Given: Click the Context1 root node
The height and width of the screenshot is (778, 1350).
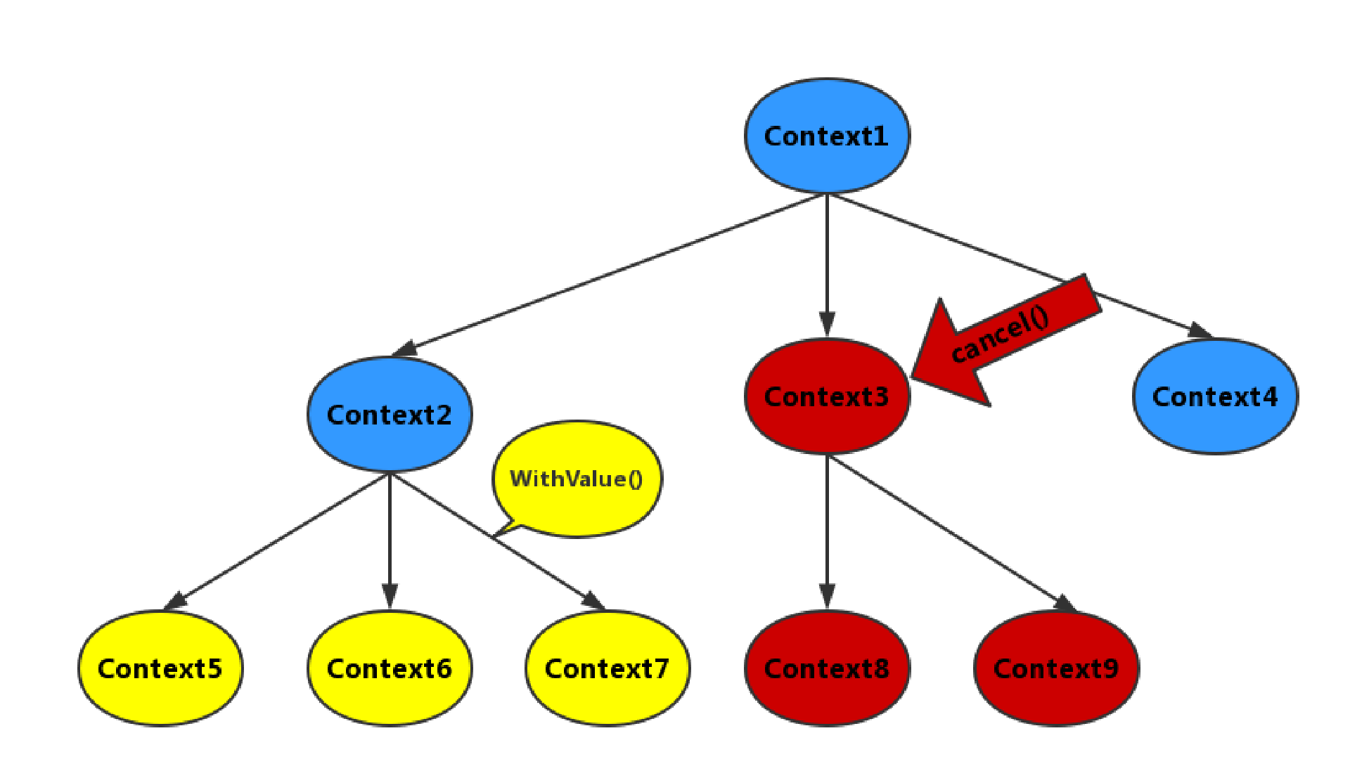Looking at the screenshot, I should [x=827, y=136].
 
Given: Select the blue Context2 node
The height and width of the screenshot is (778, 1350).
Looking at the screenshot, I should [x=390, y=414].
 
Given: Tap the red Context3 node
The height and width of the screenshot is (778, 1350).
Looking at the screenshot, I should [x=827, y=396].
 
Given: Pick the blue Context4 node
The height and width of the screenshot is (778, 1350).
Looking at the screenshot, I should [x=1215, y=396].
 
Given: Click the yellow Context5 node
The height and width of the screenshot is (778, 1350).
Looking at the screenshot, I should [x=160, y=668].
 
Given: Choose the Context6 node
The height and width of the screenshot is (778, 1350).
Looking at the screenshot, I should [x=390, y=668].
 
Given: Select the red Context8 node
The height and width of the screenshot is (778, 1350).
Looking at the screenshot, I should [x=827, y=668].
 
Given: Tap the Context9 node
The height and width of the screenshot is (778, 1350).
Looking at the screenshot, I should [x=1056, y=668].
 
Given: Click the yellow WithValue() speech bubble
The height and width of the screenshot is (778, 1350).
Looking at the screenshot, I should [x=577, y=478].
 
